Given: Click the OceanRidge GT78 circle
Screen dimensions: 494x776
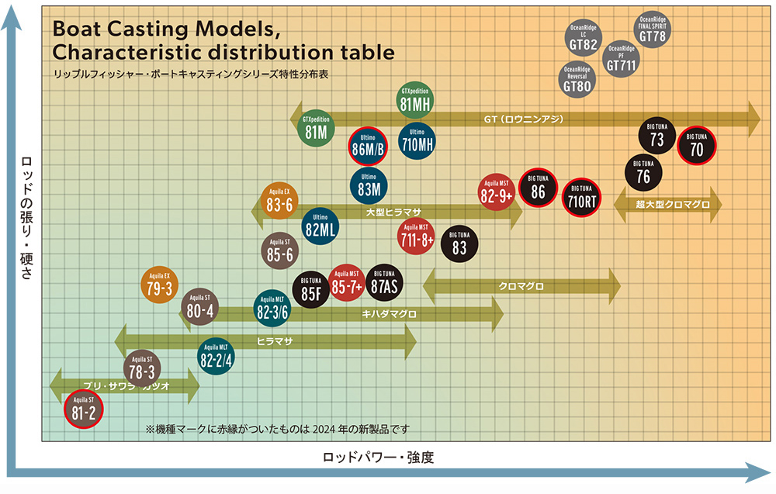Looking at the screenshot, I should click(x=653, y=30).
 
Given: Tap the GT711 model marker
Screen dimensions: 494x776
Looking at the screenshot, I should click(x=622, y=59).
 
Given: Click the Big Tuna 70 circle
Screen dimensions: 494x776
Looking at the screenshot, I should click(x=696, y=145).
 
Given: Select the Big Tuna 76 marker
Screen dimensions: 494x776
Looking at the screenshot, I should click(x=643, y=171).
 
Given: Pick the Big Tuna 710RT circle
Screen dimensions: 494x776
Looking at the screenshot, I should click(x=581, y=197).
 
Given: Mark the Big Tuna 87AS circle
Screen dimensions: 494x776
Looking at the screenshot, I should click(x=384, y=282).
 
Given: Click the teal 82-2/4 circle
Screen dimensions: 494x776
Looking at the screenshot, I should click(x=217, y=355).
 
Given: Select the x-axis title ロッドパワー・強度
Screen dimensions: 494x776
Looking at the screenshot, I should click(x=378, y=458).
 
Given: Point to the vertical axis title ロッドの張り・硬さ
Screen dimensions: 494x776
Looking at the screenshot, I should click(x=27, y=217).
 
